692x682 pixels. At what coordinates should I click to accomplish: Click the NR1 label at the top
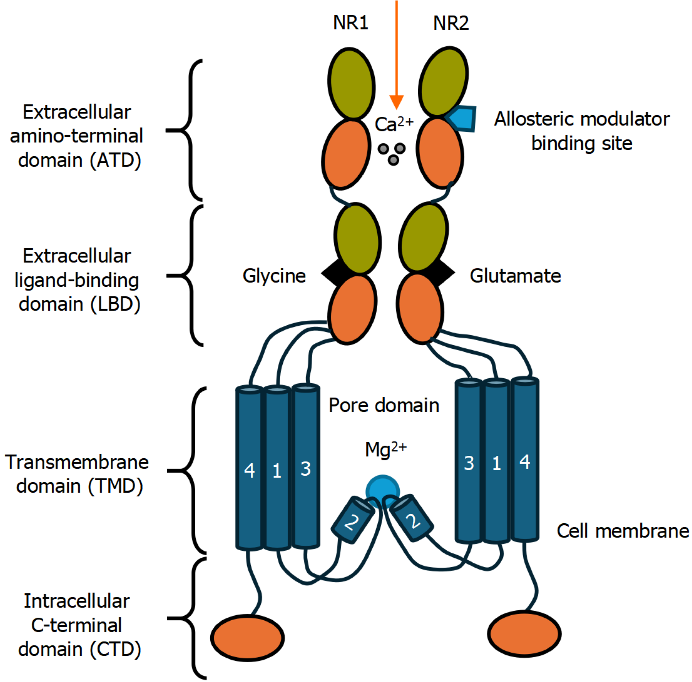coord(350,22)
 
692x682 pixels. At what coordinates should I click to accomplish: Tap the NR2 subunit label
coord(451,23)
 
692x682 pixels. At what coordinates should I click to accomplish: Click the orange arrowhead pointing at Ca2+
coord(396,102)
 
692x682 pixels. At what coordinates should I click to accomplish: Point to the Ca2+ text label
coord(393,124)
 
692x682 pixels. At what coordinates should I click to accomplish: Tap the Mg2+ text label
coord(385,449)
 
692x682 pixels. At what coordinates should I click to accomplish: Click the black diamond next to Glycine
coord(332,273)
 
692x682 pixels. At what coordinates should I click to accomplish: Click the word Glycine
coord(274,276)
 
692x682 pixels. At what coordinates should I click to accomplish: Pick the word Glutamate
coord(515,276)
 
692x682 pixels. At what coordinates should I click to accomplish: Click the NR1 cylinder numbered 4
coord(249,468)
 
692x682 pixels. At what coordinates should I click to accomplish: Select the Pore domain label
coord(384,405)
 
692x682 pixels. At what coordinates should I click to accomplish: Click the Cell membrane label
coord(622,531)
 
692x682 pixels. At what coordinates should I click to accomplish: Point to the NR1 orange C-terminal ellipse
coord(248,638)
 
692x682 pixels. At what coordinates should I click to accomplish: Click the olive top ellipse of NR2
coord(443,82)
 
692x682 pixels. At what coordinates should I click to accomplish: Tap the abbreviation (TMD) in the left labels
coord(116,486)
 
